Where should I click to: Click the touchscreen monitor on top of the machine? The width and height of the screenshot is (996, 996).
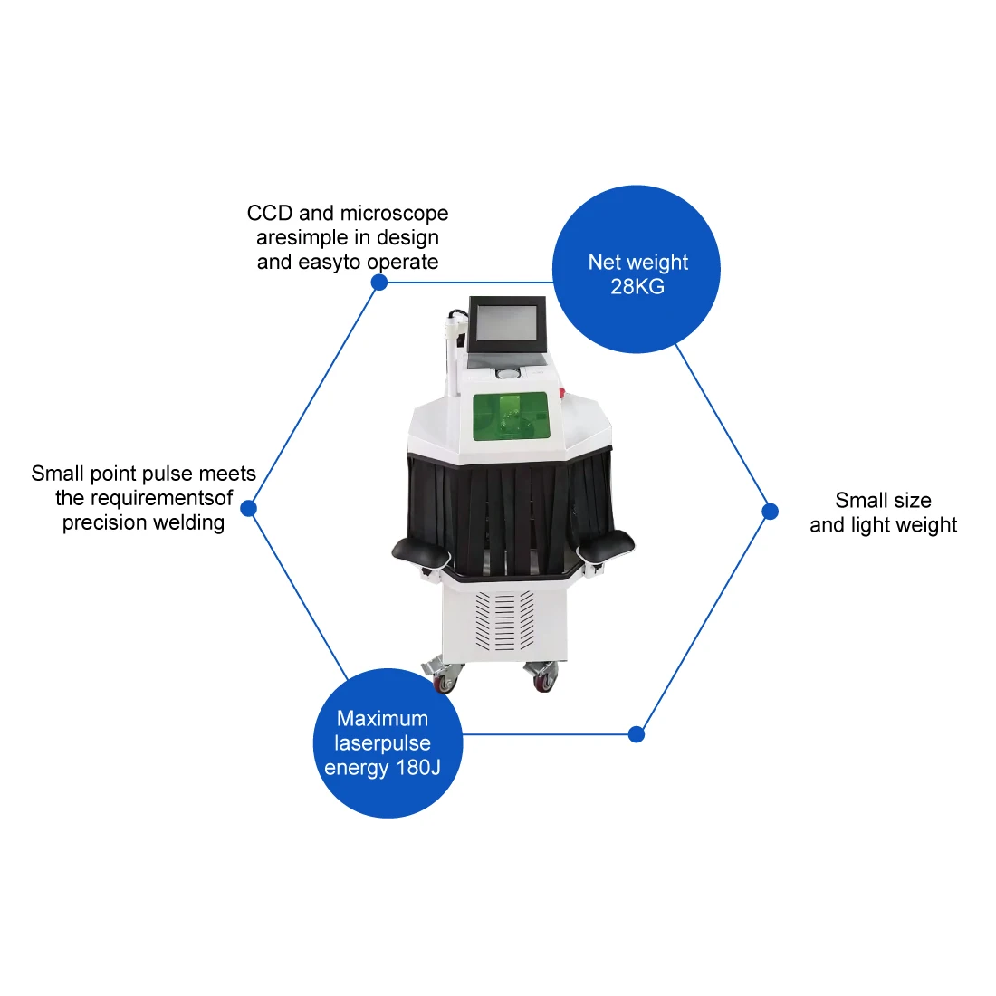(508, 324)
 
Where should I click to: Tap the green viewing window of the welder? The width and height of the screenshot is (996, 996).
(511, 417)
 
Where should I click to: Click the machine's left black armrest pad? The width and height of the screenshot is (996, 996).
(421, 549)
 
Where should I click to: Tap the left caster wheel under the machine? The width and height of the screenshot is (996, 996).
(445, 681)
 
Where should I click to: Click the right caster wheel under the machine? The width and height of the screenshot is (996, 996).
(543, 680)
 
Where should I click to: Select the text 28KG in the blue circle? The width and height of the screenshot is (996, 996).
(637, 287)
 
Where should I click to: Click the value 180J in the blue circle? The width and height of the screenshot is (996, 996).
(418, 768)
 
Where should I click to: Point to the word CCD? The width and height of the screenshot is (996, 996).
(270, 214)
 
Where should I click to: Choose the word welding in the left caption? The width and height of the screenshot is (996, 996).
(187, 522)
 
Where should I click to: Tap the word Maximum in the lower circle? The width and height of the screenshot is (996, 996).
(382, 719)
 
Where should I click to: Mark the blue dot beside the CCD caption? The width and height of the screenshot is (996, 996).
(379, 283)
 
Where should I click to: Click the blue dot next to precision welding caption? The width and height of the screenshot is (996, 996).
(249, 508)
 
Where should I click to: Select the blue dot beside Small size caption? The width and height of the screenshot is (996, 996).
(770, 512)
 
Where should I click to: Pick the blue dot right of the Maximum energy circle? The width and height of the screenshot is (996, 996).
(637, 734)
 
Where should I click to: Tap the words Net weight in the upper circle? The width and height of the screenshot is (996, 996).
(637, 263)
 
